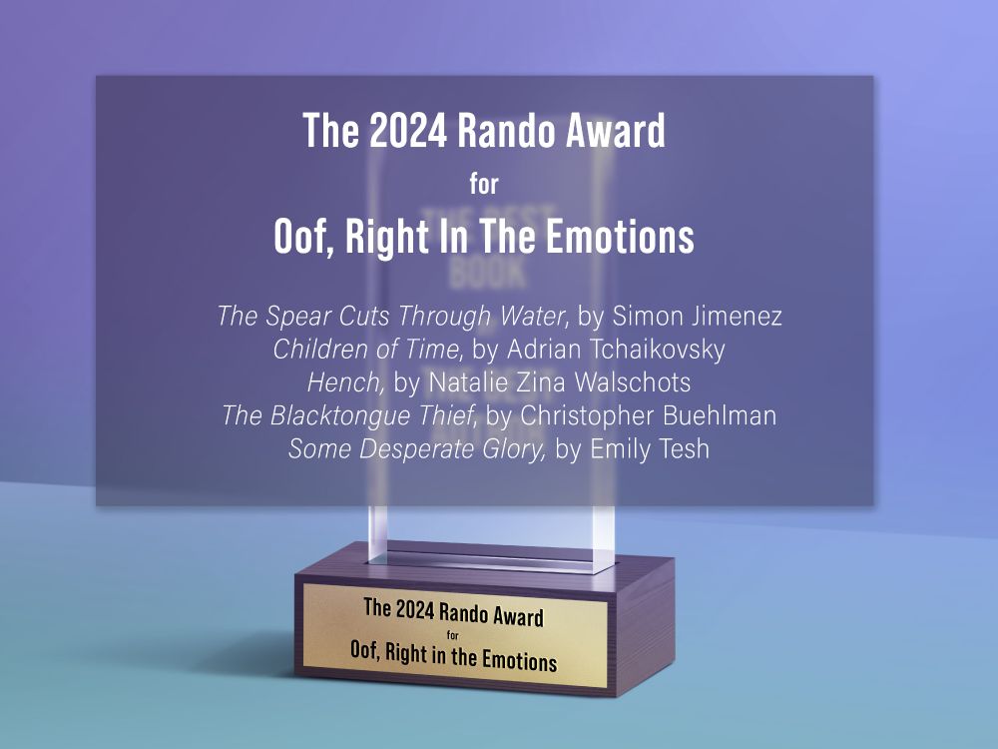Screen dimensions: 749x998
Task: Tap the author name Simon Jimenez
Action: click(x=698, y=318)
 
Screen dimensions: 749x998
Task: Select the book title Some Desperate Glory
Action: click(x=417, y=449)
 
